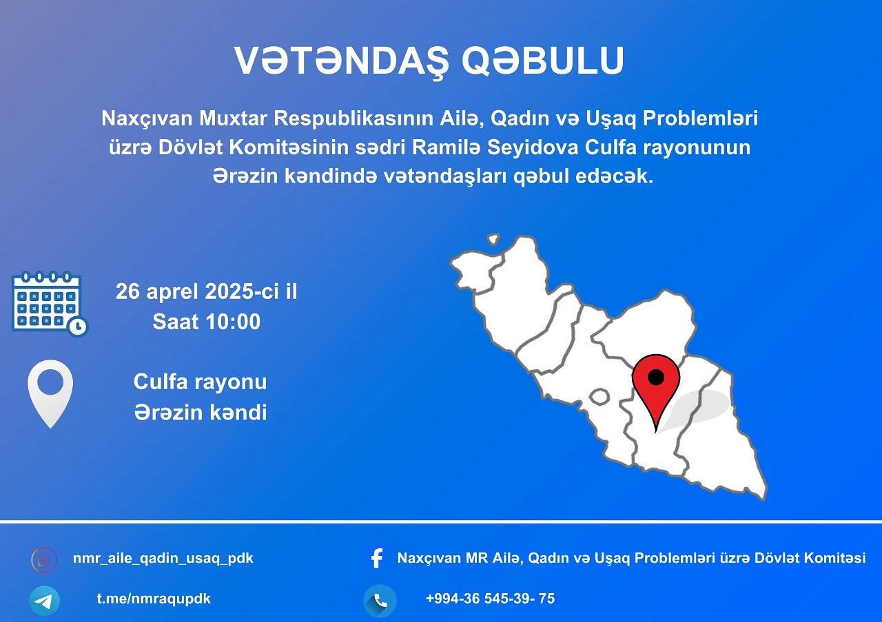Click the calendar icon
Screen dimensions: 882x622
tap(50, 304)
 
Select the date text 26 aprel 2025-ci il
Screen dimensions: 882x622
tap(206, 291)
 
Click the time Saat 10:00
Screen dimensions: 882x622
tap(206, 322)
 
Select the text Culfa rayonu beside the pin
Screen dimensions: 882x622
tap(200, 382)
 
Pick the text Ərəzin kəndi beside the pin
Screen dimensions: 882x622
tap(201, 412)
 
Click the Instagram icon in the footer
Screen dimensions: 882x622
tap(44, 559)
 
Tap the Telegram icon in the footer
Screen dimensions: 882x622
tap(45, 601)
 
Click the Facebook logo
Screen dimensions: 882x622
tap(377, 558)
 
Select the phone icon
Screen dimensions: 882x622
tap(380, 601)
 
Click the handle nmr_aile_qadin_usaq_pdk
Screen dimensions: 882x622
tap(163, 559)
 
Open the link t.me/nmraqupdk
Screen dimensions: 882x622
tap(154, 599)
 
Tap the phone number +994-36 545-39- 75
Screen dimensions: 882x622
tap(490, 599)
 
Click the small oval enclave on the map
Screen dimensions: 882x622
tap(599, 397)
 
